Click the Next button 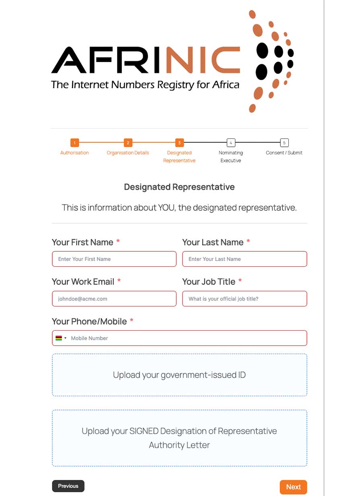293,487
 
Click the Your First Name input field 114,259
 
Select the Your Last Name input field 245,259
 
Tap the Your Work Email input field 114,299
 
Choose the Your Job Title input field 245,299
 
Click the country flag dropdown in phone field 61,338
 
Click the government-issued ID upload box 179,375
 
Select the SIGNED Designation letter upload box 179,438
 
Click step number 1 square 74,143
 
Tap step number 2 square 128,143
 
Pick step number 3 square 179,143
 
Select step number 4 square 231,143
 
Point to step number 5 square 284,143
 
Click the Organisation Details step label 128,153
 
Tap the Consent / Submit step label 284,153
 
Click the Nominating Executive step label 231,156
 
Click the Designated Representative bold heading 179,187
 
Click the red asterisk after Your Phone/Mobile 132,321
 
